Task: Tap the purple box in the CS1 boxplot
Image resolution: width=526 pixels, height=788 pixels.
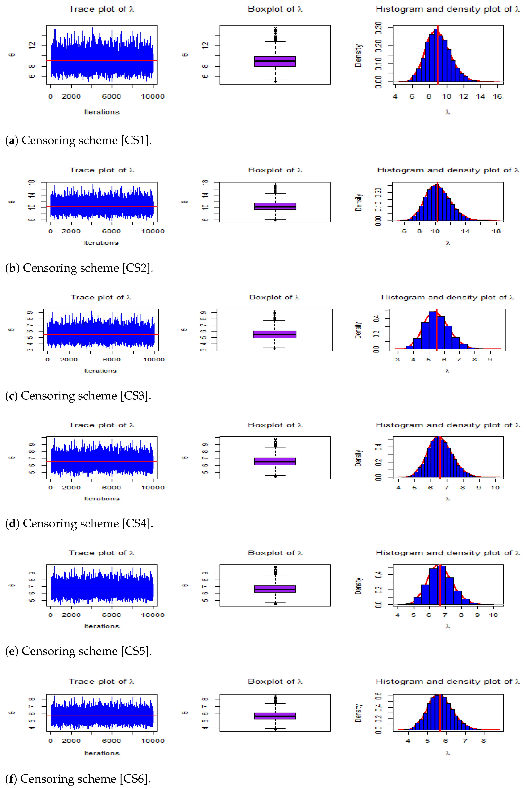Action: tap(275, 61)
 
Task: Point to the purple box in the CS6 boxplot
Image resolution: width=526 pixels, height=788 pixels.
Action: tap(275, 716)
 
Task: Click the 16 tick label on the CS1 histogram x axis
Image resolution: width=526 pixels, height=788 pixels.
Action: tap(497, 97)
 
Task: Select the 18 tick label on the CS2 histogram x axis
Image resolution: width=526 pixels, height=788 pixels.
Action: tap(496, 231)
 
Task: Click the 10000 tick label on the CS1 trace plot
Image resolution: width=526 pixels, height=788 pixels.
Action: tap(153, 97)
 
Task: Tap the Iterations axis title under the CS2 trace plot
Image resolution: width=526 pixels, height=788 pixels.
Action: tap(101, 243)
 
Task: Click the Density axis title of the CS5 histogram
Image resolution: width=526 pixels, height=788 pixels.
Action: tap(358, 586)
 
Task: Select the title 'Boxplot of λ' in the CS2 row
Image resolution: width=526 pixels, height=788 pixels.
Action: tap(275, 170)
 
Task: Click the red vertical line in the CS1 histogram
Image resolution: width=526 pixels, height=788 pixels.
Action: tap(438, 54)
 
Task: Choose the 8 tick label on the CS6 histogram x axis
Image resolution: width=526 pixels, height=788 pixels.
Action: tap(483, 741)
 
